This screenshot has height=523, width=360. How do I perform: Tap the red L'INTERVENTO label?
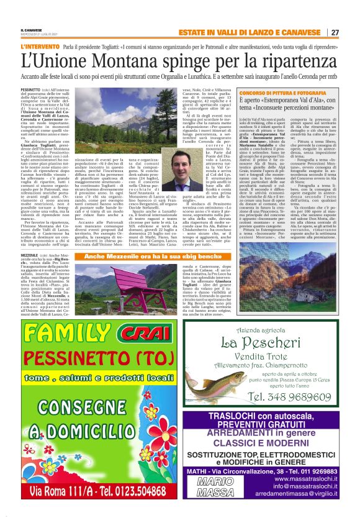click(38, 47)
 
